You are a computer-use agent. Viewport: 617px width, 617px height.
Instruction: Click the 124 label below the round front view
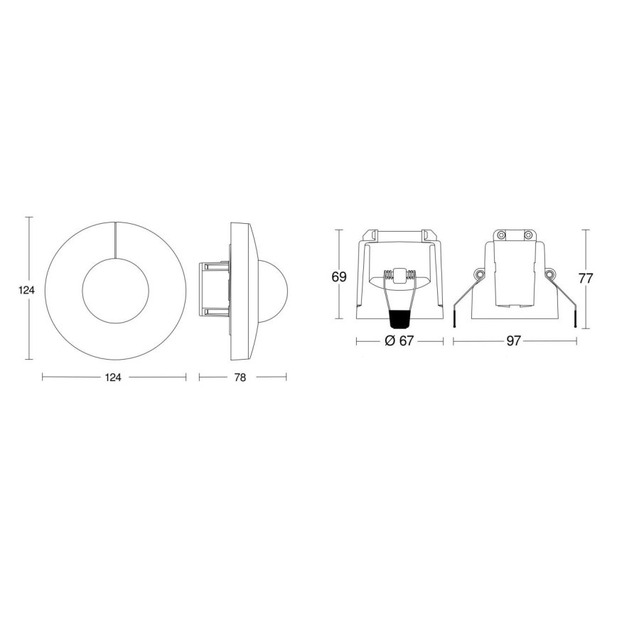click(x=114, y=377)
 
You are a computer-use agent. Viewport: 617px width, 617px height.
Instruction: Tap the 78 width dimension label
click(x=240, y=377)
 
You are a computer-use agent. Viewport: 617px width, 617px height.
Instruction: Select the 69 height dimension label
click(x=339, y=277)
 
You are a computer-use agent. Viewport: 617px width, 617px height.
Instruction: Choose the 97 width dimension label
click(x=513, y=341)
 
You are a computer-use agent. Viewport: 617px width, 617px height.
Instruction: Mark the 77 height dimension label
click(x=585, y=279)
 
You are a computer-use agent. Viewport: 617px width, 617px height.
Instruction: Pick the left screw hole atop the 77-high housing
click(x=500, y=235)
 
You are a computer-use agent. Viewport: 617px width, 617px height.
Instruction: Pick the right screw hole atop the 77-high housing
click(x=527, y=235)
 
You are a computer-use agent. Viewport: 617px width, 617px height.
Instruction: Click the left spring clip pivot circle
click(x=478, y=275)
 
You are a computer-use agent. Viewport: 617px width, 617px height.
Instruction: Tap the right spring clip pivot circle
click(x=549, y=275)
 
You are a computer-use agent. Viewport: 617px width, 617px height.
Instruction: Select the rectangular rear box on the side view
click(x=214, y=290)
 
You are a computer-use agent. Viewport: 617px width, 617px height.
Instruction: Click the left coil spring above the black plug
click(x=388, y=276)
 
